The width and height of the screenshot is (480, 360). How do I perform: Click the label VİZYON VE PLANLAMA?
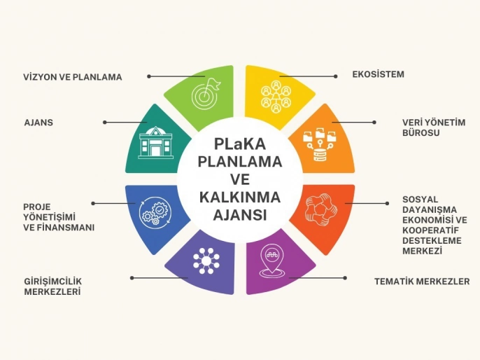click(x=73, y=77)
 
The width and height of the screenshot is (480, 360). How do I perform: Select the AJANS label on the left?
click(x=39, y=123)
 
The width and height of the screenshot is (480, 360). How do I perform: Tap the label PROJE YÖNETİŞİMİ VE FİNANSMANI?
click(x=59, y=218)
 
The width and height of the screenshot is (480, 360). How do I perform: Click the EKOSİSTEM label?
click(x=379, y=74)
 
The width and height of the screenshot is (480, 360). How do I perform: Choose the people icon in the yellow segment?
click(x=275, y=96)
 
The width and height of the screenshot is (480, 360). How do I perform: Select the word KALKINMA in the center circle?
click(x=239, y=198)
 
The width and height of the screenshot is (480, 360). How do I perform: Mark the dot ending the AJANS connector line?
click(x=105, y=122)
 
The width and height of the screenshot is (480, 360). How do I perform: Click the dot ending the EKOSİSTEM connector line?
click(x=338, y=75)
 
